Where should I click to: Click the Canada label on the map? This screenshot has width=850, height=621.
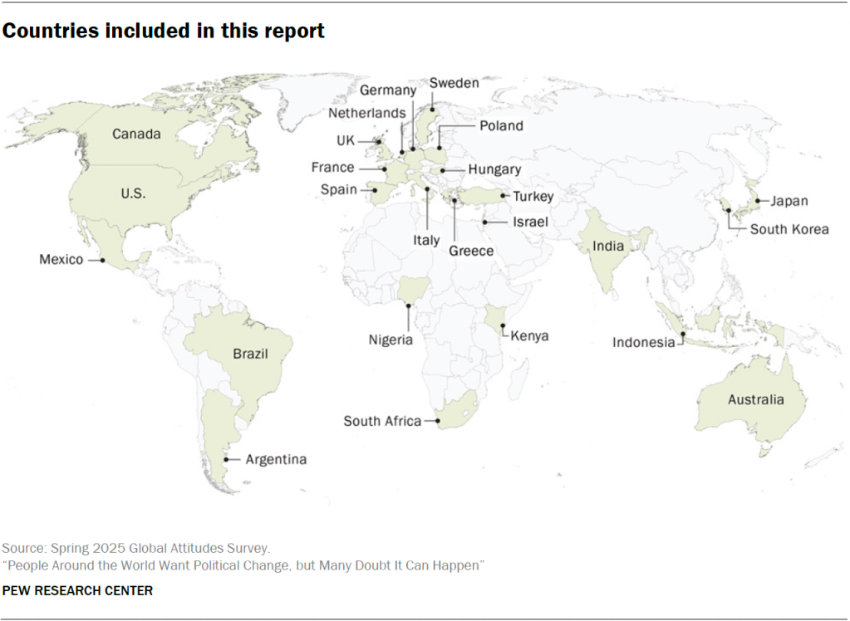click(x=136, y=134)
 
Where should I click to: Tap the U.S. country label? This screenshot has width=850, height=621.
click(x=132, y=193)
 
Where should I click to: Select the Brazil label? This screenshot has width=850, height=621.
click(x=250, y=354)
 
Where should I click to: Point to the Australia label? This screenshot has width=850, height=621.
click(x=755, y=399)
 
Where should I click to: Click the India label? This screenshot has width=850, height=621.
click(x=608, y=246)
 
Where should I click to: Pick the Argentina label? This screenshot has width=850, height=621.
click(x=276, y=459)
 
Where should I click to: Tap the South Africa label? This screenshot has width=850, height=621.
click(x=382, y=421)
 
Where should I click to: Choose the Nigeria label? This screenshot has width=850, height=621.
click(x=391, y=340)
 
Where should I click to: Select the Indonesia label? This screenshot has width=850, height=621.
click(x=644, y=342)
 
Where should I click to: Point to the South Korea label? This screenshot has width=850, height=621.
click(x=789, y=229)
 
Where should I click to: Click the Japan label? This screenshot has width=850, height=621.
click(x=789, y=201)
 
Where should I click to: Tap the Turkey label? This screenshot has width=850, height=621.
click(x=533, y=197)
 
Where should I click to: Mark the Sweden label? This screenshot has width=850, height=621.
click(x=454, y=83)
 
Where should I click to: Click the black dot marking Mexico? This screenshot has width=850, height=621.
click(x=102, y=260)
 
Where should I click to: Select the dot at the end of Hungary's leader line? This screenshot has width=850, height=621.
click(x=443, y=170)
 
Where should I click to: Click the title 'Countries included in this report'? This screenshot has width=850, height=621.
click(x=163, y=32)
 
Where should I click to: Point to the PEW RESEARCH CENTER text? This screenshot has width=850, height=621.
click(x=77, y=590)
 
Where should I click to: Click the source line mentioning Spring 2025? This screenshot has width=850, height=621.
click(x=136, y=549)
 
